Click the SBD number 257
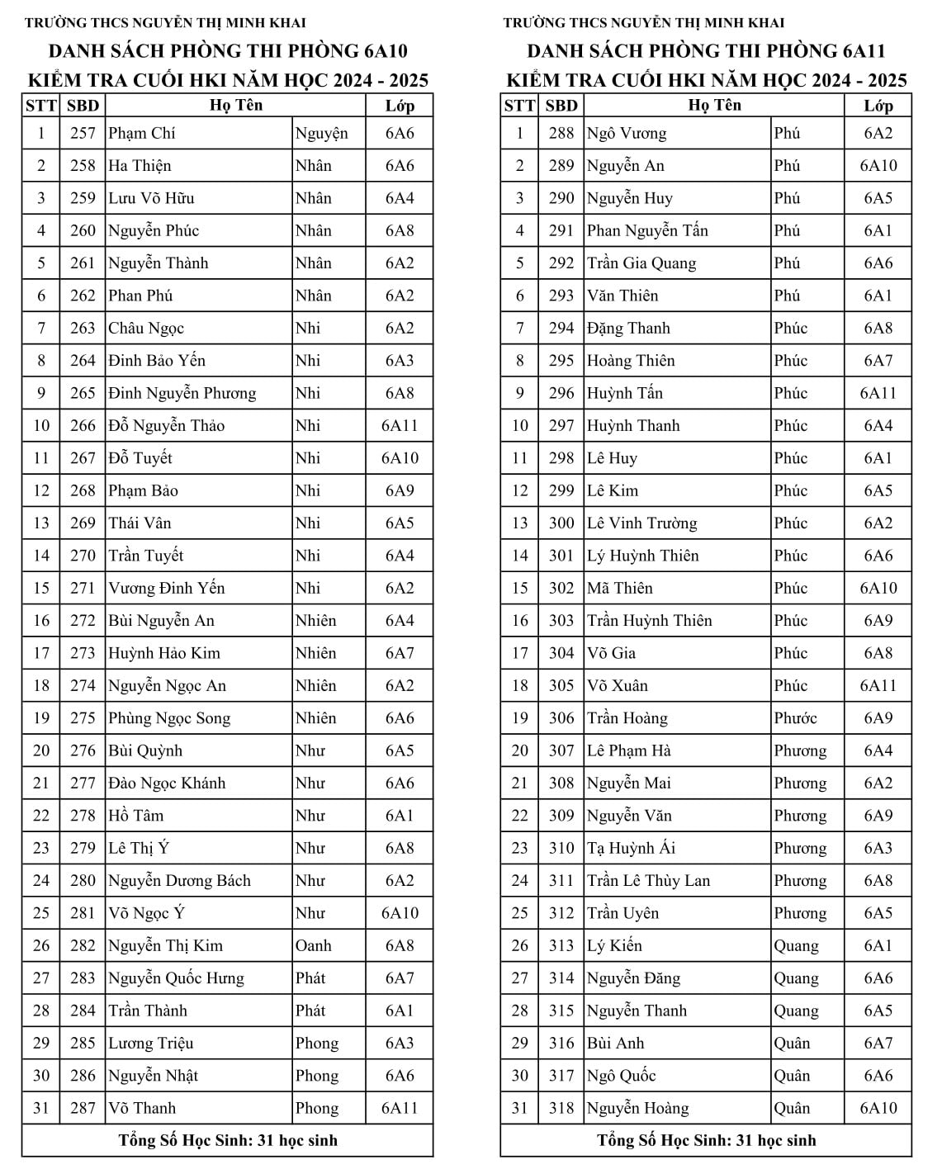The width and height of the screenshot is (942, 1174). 83,133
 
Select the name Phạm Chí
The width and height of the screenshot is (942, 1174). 142,133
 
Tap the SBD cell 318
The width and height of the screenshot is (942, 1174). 561,1108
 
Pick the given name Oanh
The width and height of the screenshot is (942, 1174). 314,945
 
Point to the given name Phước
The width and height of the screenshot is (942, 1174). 795,718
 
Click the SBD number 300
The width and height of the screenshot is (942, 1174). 561,523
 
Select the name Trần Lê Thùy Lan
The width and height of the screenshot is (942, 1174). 648,881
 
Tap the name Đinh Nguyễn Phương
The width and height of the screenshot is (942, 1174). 182,393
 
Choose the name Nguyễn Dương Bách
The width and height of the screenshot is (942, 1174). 179,881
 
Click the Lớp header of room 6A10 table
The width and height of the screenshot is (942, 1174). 400,106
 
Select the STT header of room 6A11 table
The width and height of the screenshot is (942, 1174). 519,106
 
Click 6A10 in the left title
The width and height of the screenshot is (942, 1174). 386,51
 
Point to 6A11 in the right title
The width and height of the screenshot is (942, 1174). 864,51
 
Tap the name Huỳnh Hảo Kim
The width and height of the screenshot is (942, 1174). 164,653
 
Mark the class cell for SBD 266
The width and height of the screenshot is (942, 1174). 400,426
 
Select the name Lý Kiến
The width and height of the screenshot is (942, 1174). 614,945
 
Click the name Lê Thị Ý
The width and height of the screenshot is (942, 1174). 139,848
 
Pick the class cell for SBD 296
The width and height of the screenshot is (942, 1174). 878,393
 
